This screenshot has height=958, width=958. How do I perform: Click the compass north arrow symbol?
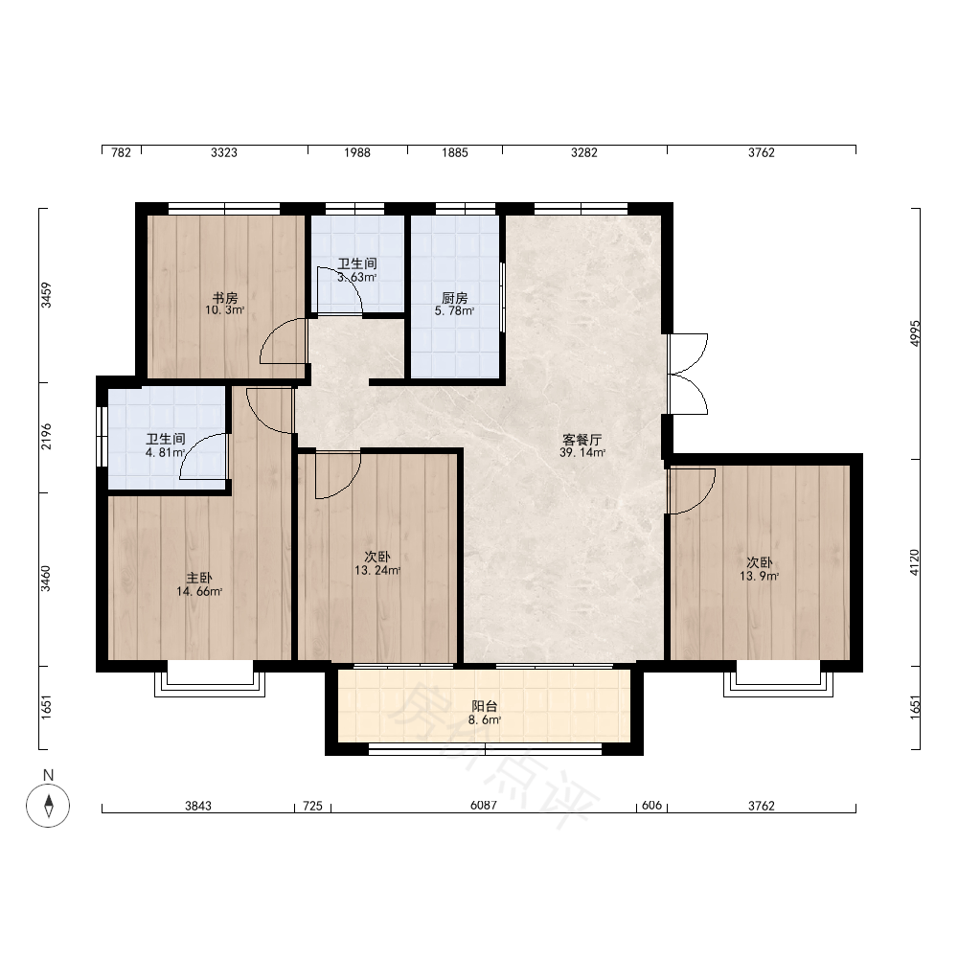point(48,805)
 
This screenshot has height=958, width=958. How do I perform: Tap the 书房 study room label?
point(225,298)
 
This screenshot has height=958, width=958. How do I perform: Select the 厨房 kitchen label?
point(454,298)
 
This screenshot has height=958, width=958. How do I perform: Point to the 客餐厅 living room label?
point(582,440)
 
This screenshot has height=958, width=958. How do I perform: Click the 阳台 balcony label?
point(485,706)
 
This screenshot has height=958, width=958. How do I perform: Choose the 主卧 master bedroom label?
point(199,578)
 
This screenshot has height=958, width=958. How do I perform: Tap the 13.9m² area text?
point(760,576)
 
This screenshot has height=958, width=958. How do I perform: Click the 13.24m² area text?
point(377,571)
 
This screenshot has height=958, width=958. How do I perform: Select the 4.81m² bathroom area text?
point(165,453)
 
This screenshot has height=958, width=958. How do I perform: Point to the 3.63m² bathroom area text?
point(356,277)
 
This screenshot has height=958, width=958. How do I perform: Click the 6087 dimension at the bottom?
point(483,806)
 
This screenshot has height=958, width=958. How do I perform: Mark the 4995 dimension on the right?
point(914,333)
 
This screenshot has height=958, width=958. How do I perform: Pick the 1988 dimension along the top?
point(356,152)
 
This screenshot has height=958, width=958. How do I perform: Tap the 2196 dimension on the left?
point(46,436)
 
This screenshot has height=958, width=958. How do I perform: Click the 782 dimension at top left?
point(121,152)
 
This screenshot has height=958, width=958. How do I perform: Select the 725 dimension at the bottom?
point(312,806)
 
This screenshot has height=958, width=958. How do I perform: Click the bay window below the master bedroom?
point(210,683)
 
